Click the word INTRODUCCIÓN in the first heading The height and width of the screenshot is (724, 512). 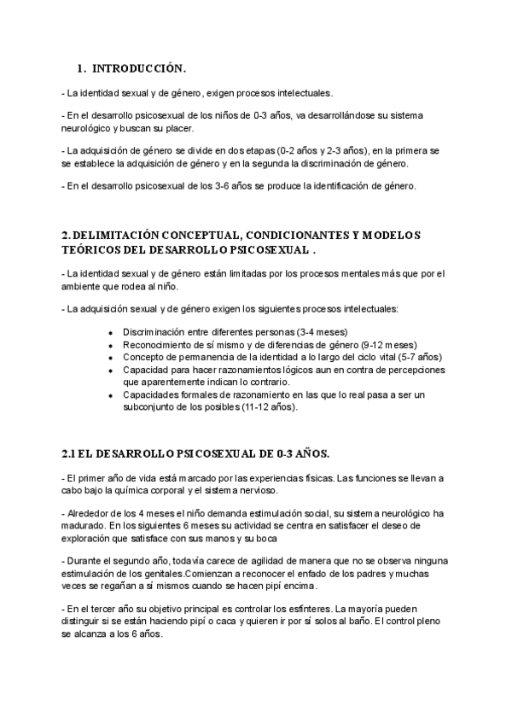(x=138, y=68)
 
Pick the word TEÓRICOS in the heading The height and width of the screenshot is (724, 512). (x=94, y=250)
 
